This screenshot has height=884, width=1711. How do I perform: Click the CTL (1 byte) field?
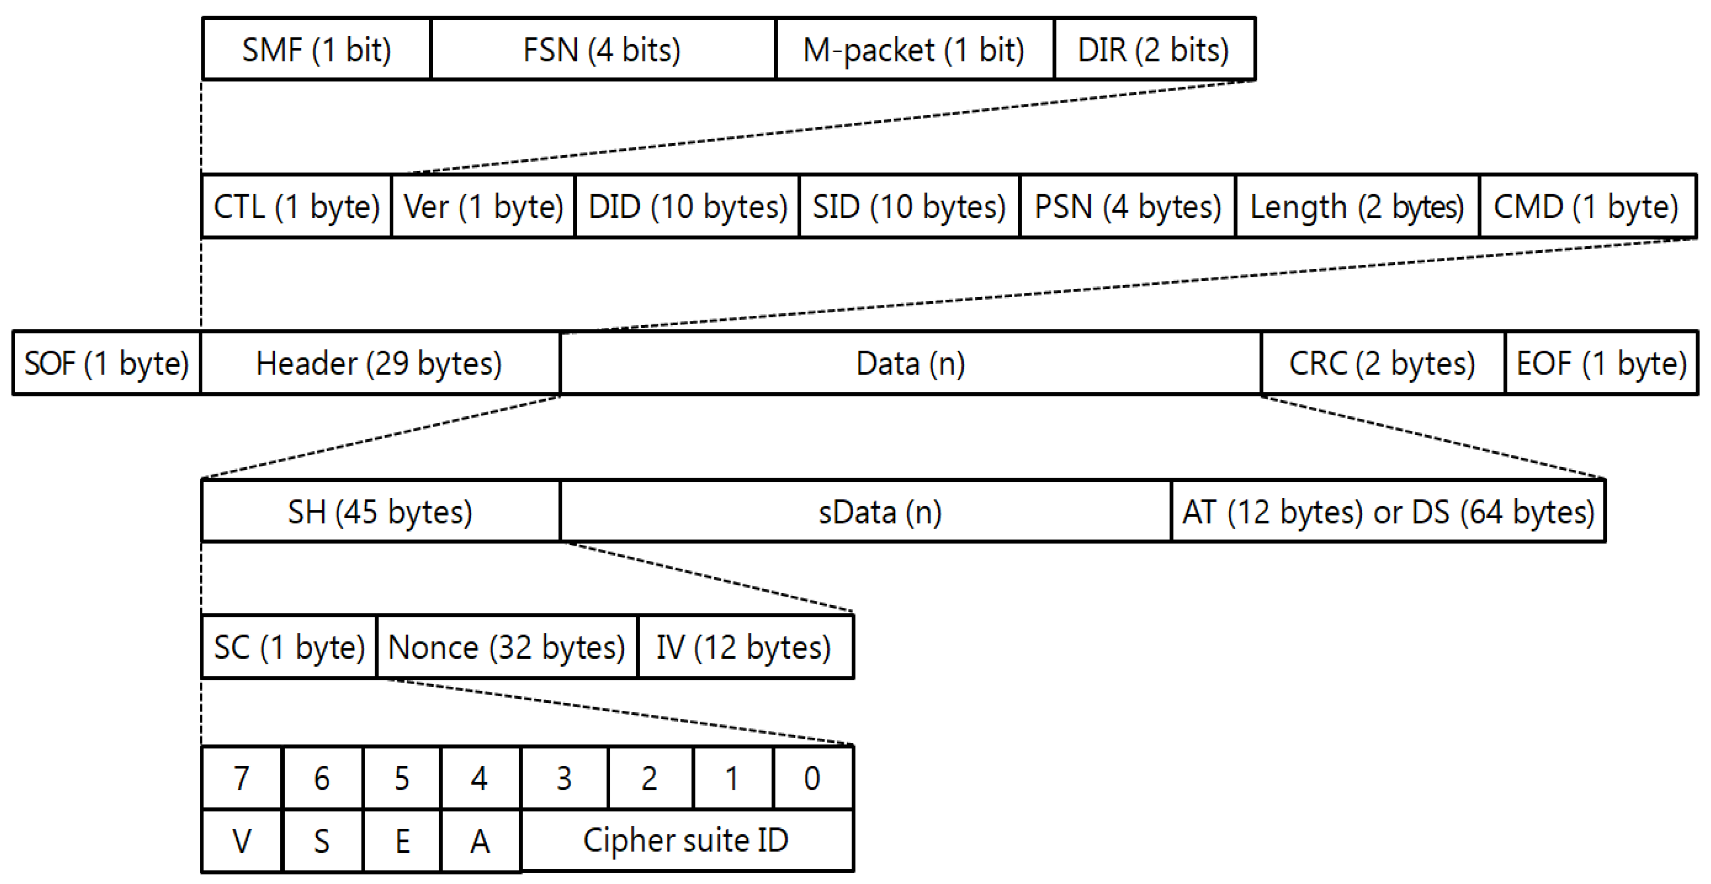coord(296,207)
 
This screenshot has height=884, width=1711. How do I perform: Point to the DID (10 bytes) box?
coord(687,207)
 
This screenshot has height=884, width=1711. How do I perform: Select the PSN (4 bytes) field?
coord(1127,207)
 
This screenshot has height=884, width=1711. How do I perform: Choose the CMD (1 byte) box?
coord(1587,207)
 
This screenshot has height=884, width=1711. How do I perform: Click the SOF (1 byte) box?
coord(106,363)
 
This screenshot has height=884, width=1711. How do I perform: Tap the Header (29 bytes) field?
coord(379,363)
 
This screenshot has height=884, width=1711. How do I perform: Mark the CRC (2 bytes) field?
coord(1382,363)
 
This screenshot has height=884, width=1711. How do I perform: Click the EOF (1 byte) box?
coord(1601,363)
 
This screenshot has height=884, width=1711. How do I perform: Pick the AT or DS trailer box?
coord(1388,512)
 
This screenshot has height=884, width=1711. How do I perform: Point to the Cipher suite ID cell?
coord(686,840)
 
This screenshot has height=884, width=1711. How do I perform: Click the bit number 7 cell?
coord(241,778)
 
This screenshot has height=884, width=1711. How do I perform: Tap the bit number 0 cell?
coord(813,778)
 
